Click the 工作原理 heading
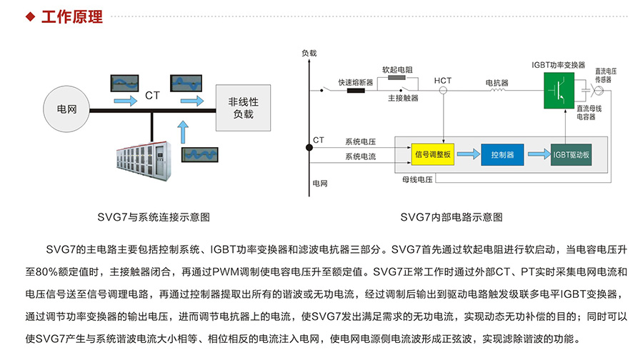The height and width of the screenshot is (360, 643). (x=72, y=16)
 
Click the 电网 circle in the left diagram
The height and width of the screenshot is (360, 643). (x=68, y=109)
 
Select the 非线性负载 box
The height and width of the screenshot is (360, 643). (x=243, y=108)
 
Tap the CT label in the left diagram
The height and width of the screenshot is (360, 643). (x=152, y=95)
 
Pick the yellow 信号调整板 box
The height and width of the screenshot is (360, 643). (x=432, y=154)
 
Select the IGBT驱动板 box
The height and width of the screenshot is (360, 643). (x=572, y=154)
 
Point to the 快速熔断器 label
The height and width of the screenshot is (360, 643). (x=355, y=82)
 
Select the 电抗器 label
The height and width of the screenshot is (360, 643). (x=497, y=82)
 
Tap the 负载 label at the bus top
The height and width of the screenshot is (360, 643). (x=309, y=53)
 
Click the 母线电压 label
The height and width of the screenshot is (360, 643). (x=417, y=179)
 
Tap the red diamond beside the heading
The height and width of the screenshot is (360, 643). (x=30, y=16)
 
